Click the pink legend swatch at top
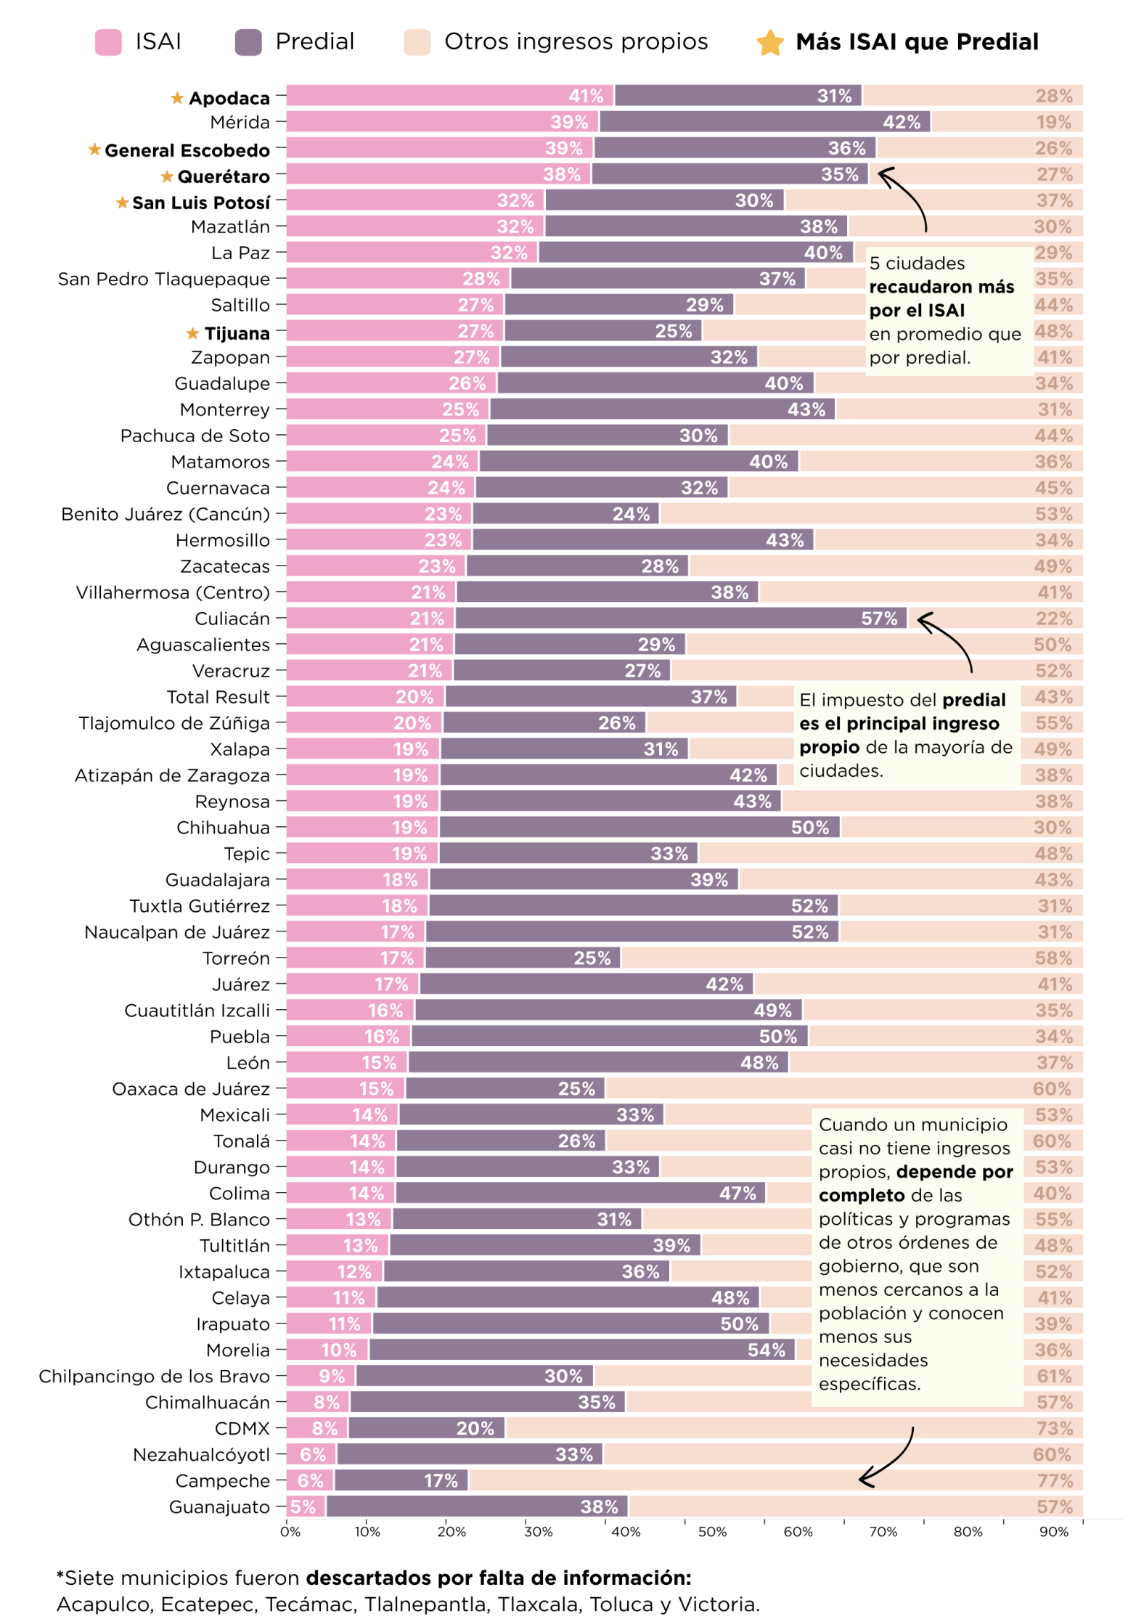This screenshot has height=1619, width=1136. click(109, 42)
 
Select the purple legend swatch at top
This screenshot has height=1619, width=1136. click(248, 42)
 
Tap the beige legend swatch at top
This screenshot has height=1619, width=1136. click(417, 42)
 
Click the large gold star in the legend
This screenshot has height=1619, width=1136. click(770, 43)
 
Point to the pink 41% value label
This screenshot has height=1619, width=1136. click(586, 96)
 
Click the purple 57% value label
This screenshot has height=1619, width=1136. click(879, 619)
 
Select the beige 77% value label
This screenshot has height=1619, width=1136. click(1054, 1480)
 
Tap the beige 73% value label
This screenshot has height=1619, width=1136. click(1054, 1428)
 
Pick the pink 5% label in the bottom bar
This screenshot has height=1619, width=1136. click(303, 1506)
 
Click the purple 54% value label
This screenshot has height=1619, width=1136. click(767, 1350)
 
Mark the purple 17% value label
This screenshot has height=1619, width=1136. click(441, 1480)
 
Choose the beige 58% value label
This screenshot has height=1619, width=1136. click(1054, 958)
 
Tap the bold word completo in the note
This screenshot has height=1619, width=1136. click(862, 1195)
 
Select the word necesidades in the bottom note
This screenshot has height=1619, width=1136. click(873, 1360)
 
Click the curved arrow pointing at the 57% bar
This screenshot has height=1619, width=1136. click(947, 639)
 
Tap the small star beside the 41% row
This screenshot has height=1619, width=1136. click(177, 98)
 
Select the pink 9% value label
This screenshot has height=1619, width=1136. click(332, 1376)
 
